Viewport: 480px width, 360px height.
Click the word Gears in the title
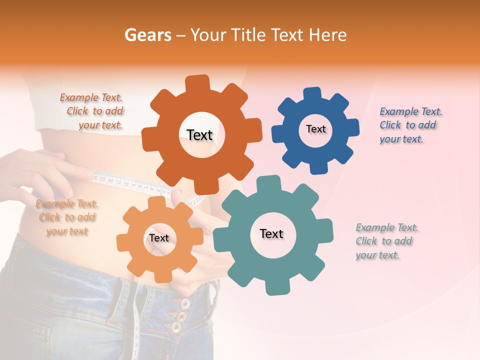tap(147, 35)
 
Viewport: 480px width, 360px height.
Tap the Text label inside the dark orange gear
tap(199, 135)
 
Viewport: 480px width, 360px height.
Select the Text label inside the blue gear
tap(315, 129)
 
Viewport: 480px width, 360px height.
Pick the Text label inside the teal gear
tap(271, 233)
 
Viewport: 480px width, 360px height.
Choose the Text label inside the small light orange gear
tap(159, 238)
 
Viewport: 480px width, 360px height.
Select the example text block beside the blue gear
tap(411, 125)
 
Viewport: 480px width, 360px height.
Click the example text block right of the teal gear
tap(386, 241)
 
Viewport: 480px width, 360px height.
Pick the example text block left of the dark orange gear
tap(92, 111)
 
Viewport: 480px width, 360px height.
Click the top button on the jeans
tap(185, 303)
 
